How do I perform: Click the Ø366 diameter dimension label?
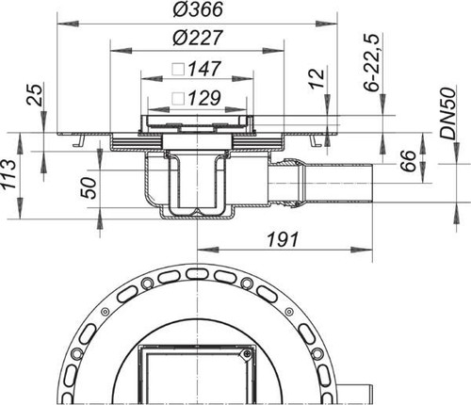point(198,9)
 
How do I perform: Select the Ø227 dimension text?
point(198,38)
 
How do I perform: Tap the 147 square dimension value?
point(204,69)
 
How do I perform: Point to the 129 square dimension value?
point(204,98)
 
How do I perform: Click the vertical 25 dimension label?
point(34,95)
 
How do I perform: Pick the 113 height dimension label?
point(8,174)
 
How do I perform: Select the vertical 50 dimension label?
point(89,187)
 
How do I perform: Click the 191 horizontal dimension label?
point(283,240)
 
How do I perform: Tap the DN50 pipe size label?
point(447,114)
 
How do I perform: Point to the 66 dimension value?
point(408,160)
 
